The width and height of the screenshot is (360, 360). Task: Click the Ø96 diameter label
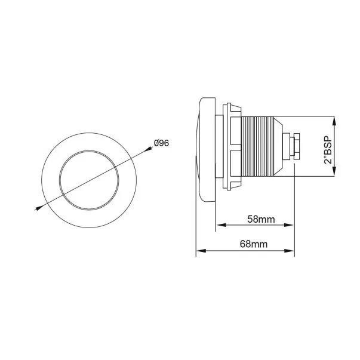(x=161, y=143)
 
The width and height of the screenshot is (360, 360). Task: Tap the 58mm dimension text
(x=261, y=219)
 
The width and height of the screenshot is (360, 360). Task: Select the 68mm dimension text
(x=254, y=244)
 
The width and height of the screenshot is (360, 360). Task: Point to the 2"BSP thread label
(x=328, y=150)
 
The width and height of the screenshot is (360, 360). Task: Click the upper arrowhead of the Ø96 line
(x=148, y=149)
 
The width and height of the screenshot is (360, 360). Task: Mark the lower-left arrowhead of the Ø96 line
(x=39, y=208)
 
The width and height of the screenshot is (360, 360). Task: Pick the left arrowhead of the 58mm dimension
(x=221, y=225)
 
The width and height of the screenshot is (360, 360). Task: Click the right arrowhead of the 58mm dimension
(x=289, y=225)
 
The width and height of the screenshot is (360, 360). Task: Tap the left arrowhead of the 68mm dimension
(x=201, y=251)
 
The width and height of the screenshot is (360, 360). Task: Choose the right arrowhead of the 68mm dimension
(x=289, y=251)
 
